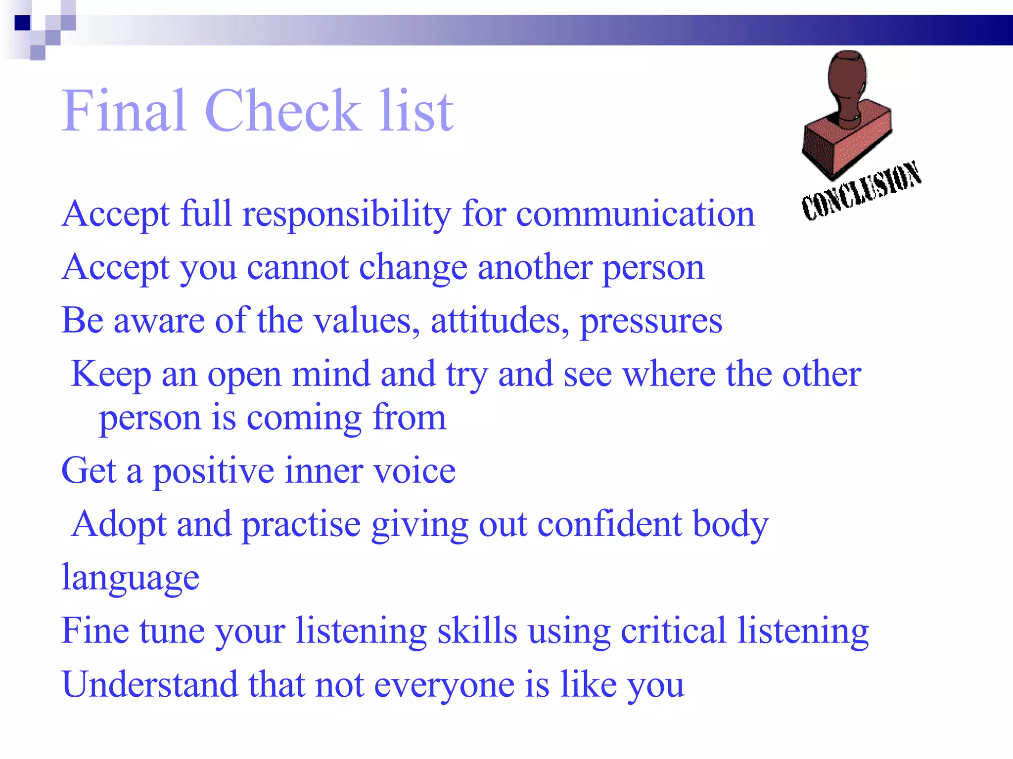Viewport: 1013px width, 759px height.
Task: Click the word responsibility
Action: click(346, 214)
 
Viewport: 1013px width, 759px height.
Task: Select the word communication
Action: click(635, 214)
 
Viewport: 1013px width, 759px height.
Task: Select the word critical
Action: click(673, 631)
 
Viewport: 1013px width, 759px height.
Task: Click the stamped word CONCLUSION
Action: click(861, 190)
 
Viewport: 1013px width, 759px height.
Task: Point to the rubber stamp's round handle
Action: click(847, 74)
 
